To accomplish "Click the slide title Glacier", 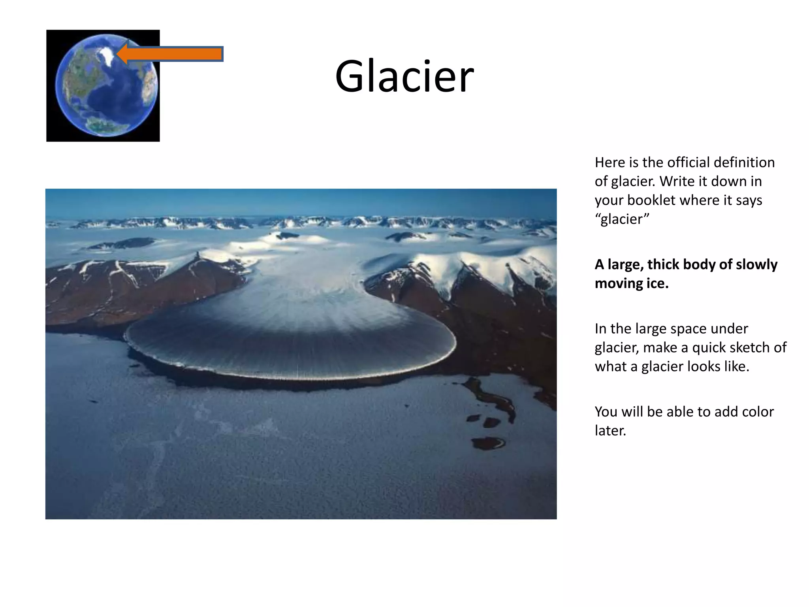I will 404,76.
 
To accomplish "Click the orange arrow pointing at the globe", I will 171,54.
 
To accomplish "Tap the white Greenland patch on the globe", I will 106,53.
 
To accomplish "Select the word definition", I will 748,162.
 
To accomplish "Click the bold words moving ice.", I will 631,283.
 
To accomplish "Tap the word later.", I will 610,431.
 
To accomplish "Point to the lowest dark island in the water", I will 489,443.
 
